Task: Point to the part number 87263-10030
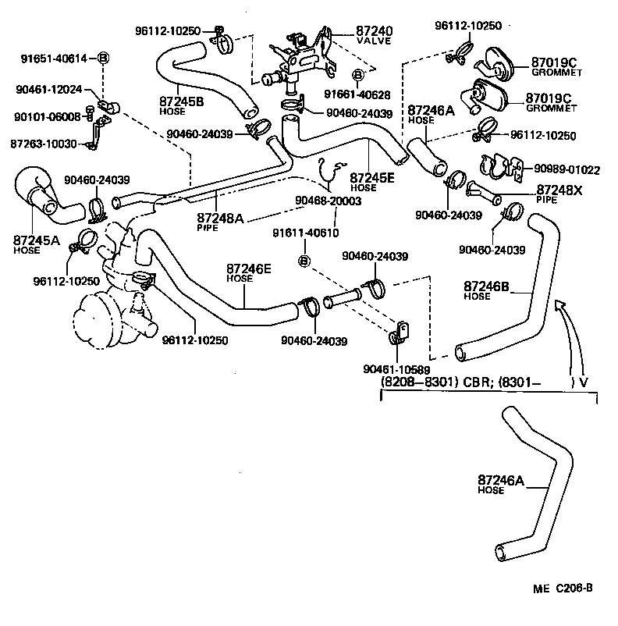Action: [x=44, y=144]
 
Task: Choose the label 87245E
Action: [x=373, y=177]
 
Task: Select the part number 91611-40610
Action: [x=305, y=233]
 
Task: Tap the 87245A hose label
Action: [x=36, y=240]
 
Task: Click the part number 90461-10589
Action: [x=396, y=368]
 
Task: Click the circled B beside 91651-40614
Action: [x=104, y=59]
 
